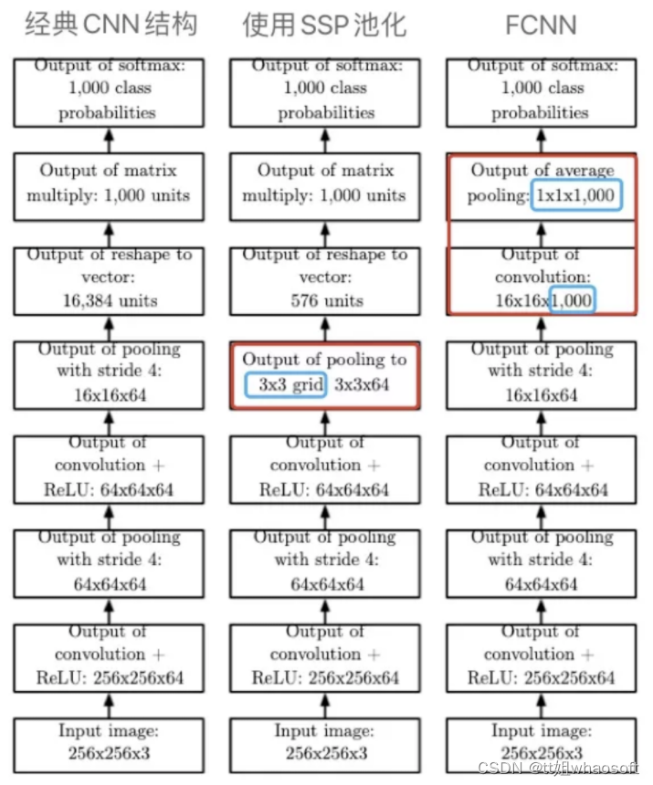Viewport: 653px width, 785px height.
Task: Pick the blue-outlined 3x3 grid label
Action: pyautogui.click(x=286, y=384)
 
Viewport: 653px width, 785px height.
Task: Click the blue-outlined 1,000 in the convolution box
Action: pyautogui.click(x=573, y=300)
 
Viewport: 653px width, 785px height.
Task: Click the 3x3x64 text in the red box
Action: pyautogui.click(x=363, y=384)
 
